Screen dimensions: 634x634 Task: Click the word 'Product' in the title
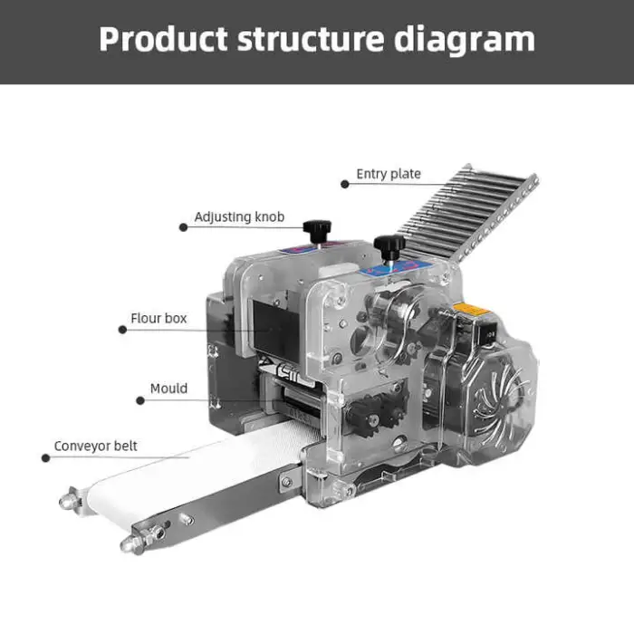click(163, 39)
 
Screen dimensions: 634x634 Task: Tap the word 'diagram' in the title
click(464, 41)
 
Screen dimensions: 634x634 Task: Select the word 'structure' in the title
click(311, 39)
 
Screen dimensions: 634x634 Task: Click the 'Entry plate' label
click(389, 174)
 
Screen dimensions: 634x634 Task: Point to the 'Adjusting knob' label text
click(239, 217)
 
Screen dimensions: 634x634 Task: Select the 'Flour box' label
click(158, 318)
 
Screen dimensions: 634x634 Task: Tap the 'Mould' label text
click(168, 389)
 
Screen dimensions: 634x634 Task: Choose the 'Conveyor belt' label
click(95, 446)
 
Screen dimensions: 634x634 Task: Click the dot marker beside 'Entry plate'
click(344, 185)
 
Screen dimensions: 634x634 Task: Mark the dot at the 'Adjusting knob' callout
click(183, 227)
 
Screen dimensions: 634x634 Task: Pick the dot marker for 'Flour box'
click(122, 330)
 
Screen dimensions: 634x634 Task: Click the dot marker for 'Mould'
click(140, 400)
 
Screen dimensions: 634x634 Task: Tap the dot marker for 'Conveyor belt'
click(45, 457)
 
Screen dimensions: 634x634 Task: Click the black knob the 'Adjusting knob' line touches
click(317, 230)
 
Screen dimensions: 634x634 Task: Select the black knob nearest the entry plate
click(389, 245)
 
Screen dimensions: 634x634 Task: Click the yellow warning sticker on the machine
click(471, 311)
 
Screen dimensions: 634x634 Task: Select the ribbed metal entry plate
click(469, 215)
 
